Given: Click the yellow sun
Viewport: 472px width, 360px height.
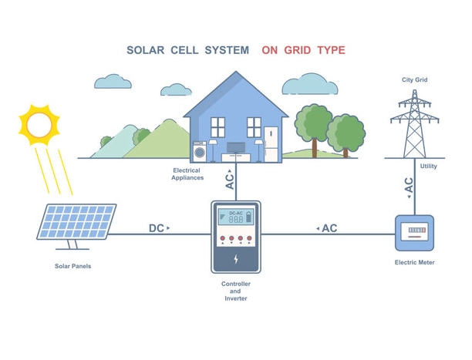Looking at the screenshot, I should click(39, 124).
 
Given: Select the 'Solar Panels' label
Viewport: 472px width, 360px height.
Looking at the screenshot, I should click(73, 267).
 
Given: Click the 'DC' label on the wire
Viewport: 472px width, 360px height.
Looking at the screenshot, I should click(157, 228).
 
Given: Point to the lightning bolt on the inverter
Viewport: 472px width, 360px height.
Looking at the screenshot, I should click(236, 260).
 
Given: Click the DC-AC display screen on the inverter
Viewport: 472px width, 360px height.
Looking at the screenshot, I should click(236, 217).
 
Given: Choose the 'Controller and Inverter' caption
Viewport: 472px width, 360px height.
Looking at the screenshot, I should click(236, 291).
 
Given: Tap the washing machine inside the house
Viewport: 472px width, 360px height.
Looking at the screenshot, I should click(200, 150).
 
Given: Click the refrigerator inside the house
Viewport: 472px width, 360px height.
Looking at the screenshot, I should click(271, 143).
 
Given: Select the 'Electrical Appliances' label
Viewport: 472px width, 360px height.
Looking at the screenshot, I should click(187, 174).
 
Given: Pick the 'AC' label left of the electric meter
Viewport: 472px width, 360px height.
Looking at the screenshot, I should click(329, 228).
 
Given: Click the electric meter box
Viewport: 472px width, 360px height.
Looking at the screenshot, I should click(415, 232).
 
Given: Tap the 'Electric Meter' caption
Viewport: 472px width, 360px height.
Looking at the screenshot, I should click(414, 263).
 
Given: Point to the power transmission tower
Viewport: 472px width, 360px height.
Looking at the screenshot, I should click(415, 123).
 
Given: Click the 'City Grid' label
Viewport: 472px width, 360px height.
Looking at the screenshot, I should click(414, 80).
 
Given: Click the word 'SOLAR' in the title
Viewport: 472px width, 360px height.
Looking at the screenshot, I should click(147, 50).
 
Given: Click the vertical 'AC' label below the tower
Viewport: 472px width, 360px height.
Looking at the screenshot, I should click(409, 185).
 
